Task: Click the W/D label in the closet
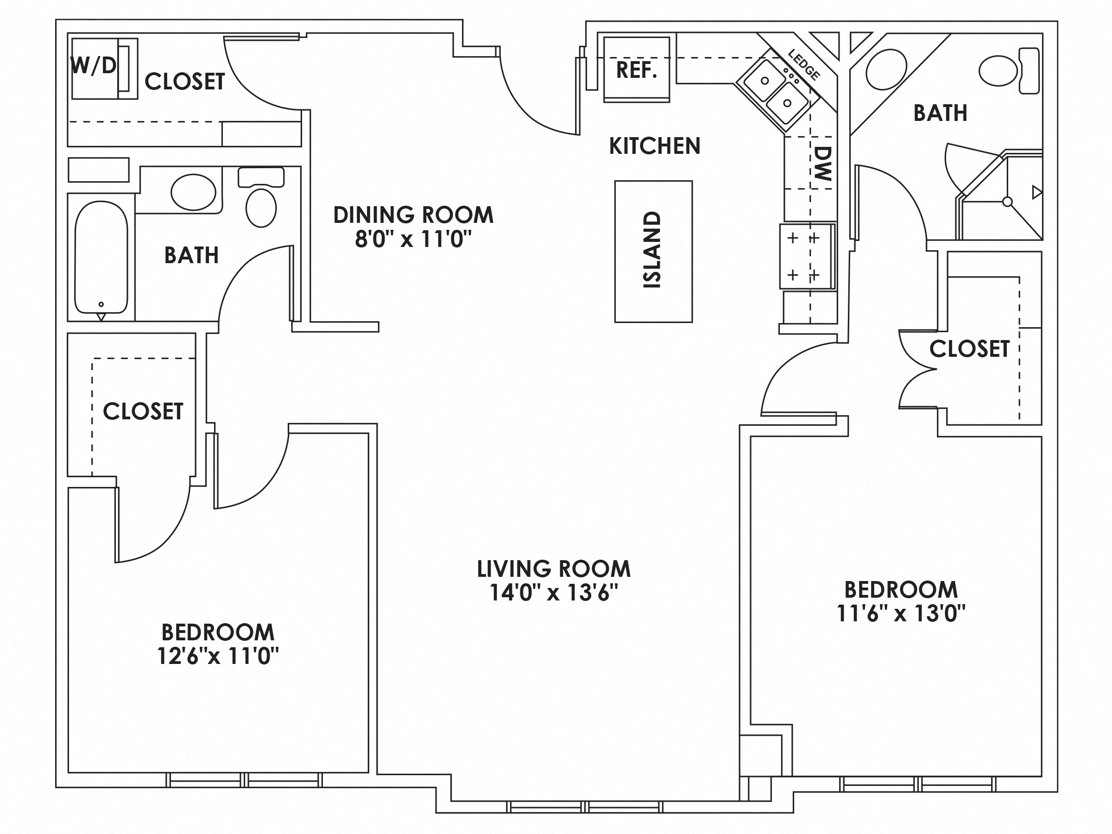pyautogui.click(x=94, y=65)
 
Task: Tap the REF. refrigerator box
pyautogui.click(x=637, y=70)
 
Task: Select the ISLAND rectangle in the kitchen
pyautogui.click(x=653, y=251)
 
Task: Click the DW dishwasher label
pyautogui.click(x=823, y=164)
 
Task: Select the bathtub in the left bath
pyautogui.click(x=101, y=256)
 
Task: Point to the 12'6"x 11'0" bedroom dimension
pyautogui.click(x=218, y=656)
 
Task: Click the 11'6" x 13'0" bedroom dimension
pyautogui.click(x=900, y=613)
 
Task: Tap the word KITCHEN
pyautogui.click(x=655, y=146)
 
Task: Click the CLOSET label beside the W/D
pyautogui.click(x=184, y=82)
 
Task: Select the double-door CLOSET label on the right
pyautogui.click(x=969, y=349)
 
